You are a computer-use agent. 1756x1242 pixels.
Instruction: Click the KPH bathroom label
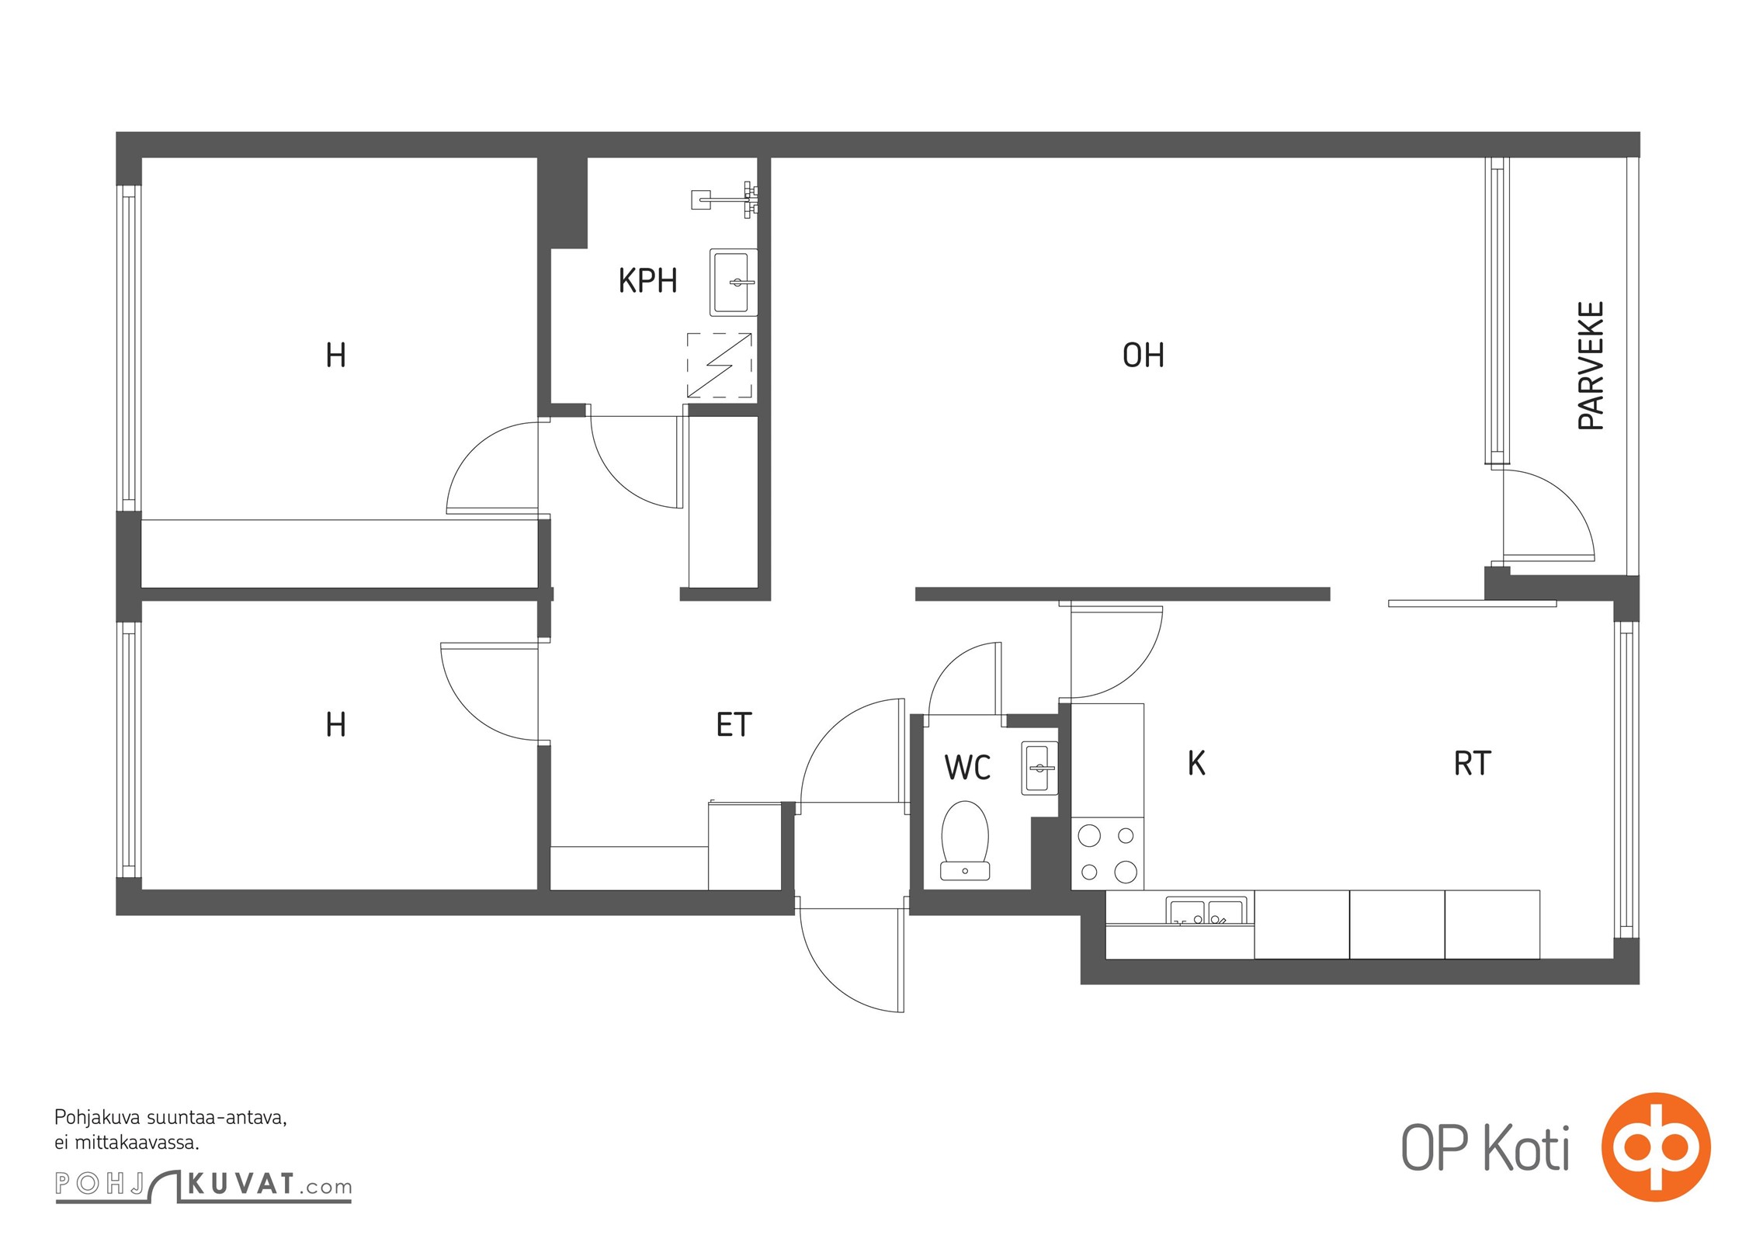pos(647,280)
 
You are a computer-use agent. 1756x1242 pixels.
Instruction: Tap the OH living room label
pos(1143,355)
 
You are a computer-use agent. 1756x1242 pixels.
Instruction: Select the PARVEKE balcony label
pos(1591,366)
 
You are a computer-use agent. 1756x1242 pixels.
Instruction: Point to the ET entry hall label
pos(734,724)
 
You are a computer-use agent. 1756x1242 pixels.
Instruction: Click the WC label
pos(967,767)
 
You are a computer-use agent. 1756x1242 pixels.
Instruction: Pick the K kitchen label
pos(1196,763)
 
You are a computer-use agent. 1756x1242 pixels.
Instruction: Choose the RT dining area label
pos(1472,763)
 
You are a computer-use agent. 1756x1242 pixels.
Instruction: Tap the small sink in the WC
pos(1039,768)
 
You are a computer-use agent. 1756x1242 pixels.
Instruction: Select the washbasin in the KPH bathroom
pos(734,283)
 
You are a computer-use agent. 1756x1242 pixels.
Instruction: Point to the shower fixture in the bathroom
pos(725,199)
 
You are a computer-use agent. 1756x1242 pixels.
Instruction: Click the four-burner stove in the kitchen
pos(1108,853)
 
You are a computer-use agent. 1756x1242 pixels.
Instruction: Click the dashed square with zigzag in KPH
pos(720,365)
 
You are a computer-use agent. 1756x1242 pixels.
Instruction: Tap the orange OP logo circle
pos(1656,1147)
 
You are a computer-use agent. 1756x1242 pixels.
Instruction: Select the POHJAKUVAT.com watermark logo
pos(203,1185)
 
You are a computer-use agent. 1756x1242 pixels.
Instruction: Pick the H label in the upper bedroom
pos(335,355)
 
